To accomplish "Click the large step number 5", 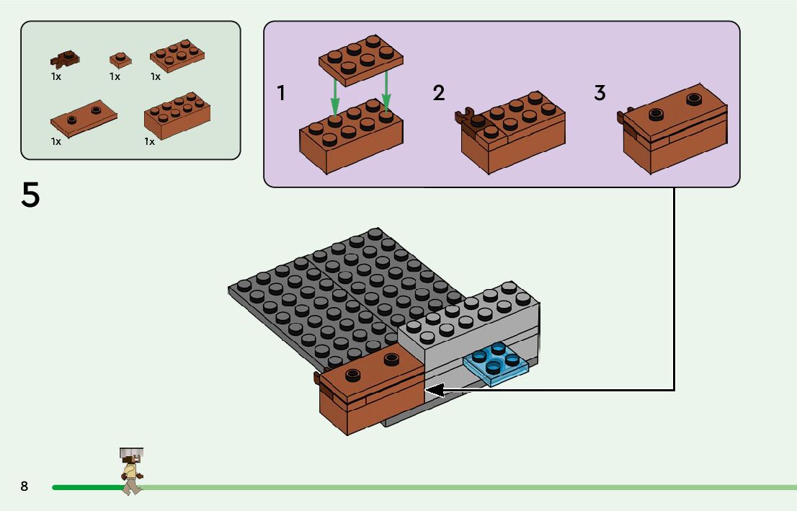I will point(30,195).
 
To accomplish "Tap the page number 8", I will point(25,486).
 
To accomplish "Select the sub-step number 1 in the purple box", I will point(282,94).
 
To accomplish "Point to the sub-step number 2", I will point(439,93).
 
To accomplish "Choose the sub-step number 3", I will point(600,93).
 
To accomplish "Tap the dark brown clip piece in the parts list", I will point(65,58).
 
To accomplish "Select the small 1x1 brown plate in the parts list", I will point(120,59).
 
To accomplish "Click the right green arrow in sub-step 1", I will point(386,89).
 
